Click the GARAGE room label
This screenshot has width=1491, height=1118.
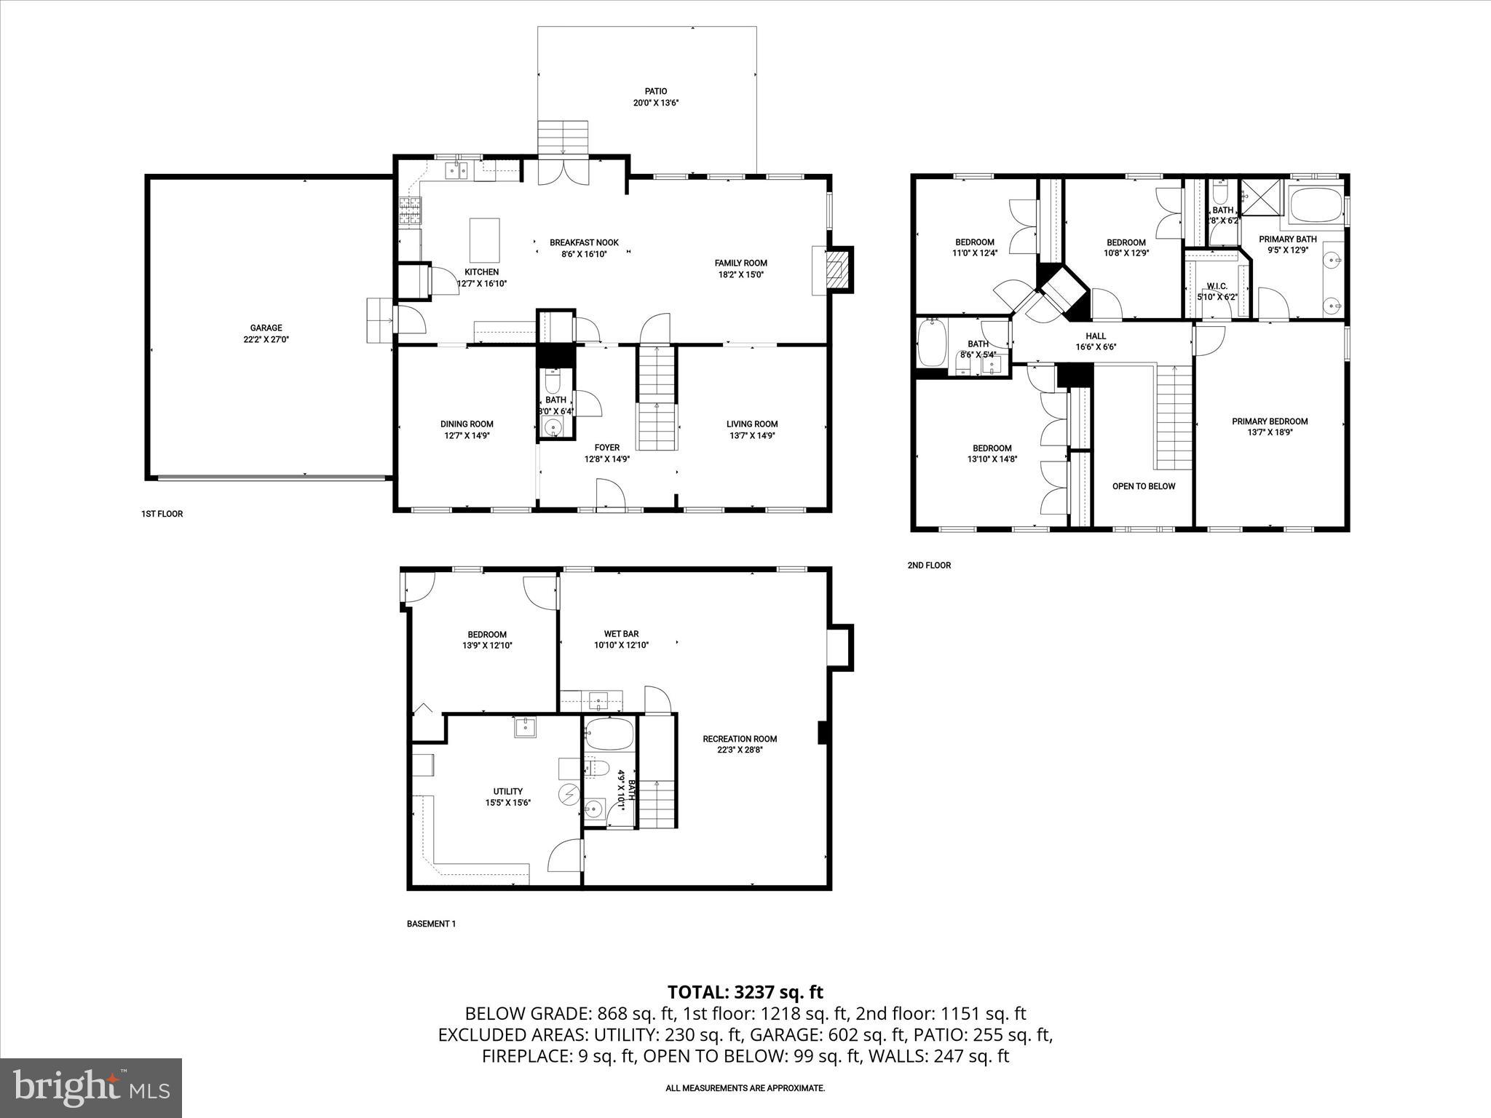[266, 328]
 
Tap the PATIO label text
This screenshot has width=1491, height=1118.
[655, 92]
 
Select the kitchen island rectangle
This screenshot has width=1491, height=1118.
[484, 239]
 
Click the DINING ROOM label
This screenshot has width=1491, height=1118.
[467, 424]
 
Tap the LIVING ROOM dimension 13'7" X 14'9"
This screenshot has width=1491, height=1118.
[752, 436]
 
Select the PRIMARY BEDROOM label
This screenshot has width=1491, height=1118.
[1270, 421]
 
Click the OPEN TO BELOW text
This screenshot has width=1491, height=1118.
[1143, 486]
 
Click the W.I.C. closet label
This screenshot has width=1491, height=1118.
[1217, 287]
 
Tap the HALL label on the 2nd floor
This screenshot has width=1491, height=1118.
[1096, 336]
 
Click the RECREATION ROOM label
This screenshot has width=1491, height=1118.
[740, 739]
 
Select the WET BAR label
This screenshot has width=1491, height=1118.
[621, 634]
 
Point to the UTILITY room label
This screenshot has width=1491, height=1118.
[507, 791]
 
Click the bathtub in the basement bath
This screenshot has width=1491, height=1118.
[609, 734]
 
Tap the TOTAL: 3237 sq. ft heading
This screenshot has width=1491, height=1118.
[745, 992]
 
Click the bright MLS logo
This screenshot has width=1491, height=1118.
[91, 1087]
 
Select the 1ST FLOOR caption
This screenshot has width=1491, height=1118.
[162, 514]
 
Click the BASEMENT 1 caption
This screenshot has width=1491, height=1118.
[431, 924]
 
